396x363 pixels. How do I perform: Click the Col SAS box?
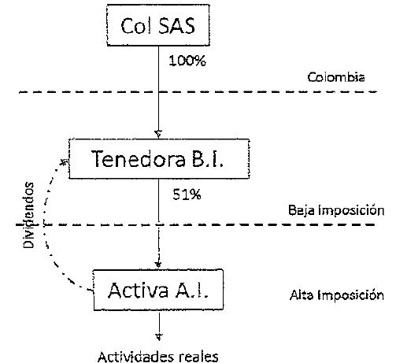pyautogui.click(x=158, y=25)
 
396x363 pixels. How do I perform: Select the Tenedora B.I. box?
pyautogui.click(x=159, y=159)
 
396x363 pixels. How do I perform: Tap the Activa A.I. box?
pyautogui.click(x=158, y=290)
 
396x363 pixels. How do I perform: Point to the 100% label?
pyautogui.click(x=187, y=61)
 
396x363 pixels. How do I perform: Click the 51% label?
pyautogui.click(x=187, y=194)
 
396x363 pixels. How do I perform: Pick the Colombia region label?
pyautogui.click(x=336, y=77)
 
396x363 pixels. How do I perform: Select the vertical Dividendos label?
pyautogui.click(x=28, y=215)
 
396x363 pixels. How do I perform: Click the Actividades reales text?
pyautogui.click(x=158, y=357)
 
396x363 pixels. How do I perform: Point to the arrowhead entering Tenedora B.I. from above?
pyautogui.click(x=158, y=134)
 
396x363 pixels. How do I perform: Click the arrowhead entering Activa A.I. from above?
pyautogui.click(x=158, y=265)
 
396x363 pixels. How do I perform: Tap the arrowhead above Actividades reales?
pyautogui.click(x=159, y=336)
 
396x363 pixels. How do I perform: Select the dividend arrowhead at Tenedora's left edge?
pyautogui.click(x=65, y=162)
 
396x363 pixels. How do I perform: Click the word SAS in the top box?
pyautogui.click(x=177, y=26)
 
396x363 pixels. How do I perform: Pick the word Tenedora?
pyautogui.click(x=138, y=159)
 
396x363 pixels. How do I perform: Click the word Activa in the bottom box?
pyautogui.click(x=138, y=290)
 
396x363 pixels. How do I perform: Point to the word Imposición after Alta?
pyautogui.click(x=350, y=295)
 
